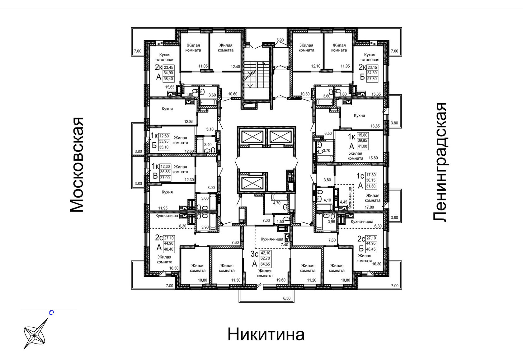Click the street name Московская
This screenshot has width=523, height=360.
click(x=77, y=165)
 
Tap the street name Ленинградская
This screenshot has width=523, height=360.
click(x=440, y=162)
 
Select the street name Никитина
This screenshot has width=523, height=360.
click(x=266, y=334)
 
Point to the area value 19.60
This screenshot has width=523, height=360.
click(x=281, y=280)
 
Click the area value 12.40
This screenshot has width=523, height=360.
click(x=235, y=67)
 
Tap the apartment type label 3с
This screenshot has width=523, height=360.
click(x=254, y=254)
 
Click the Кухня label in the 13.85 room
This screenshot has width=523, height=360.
click(x=359, y=115)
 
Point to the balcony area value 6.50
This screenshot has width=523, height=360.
click(x=287, y=298)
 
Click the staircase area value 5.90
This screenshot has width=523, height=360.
click(x=280, y=40)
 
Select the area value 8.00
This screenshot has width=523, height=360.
click(x=211, y=187)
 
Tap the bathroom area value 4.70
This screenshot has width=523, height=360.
click(x=277, y=203)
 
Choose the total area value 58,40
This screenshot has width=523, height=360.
click(x=168, y=79)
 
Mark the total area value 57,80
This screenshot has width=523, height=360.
click(x=372, y=79)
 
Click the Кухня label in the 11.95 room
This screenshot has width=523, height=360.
click(x=167, y=192)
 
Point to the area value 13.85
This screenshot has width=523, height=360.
click(x=375, y=126)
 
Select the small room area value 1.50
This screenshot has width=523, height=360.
click(x=280, y=222)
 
